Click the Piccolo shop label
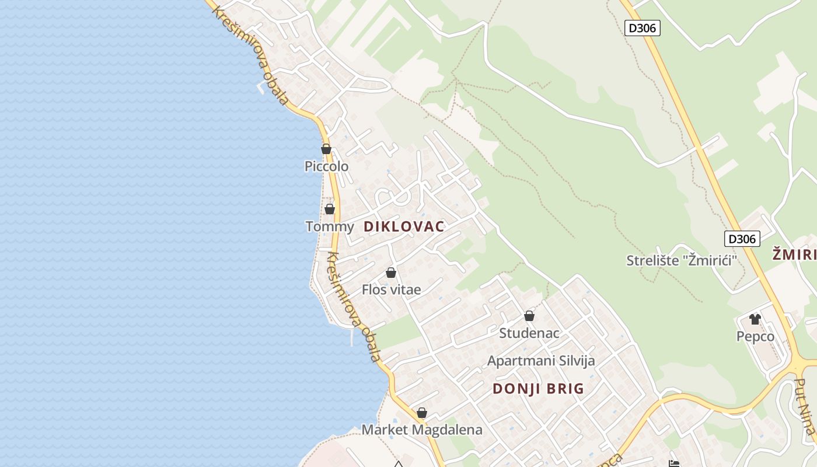pos(326,166)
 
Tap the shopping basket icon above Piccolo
pos(326,149)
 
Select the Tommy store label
pos(330,226)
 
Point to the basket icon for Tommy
pos(330,209)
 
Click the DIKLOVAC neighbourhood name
pos(404,226)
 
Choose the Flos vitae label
pos(391,290)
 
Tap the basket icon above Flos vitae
pos(391,273)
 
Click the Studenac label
pos(529,333)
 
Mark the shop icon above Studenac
pos(529,316)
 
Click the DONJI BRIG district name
pos(538,389)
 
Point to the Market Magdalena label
pos(422,430)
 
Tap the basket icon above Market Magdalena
pos(422,413)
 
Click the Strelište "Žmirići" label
pos(682,260)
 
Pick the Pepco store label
pos(755,336)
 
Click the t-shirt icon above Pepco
pos(755,319)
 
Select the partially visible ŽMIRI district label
pos(794,255)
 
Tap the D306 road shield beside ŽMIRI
pos(742,239)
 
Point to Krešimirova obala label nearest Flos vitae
pos(353,306)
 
